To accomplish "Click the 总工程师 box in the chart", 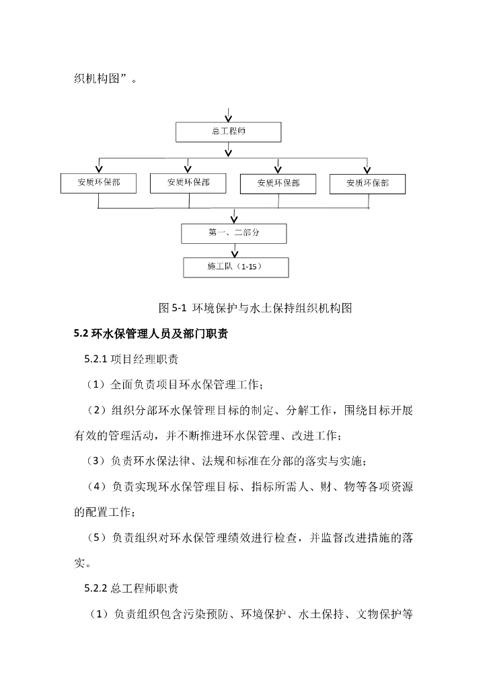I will coord(228,132).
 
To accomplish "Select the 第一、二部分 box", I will coord(234,233).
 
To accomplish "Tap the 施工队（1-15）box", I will coord(235,267).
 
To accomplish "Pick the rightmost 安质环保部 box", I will coord(367,183).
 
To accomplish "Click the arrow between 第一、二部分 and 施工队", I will coord(235,250).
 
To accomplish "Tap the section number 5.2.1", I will coord(96,359).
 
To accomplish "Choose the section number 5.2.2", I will coord(96,589).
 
